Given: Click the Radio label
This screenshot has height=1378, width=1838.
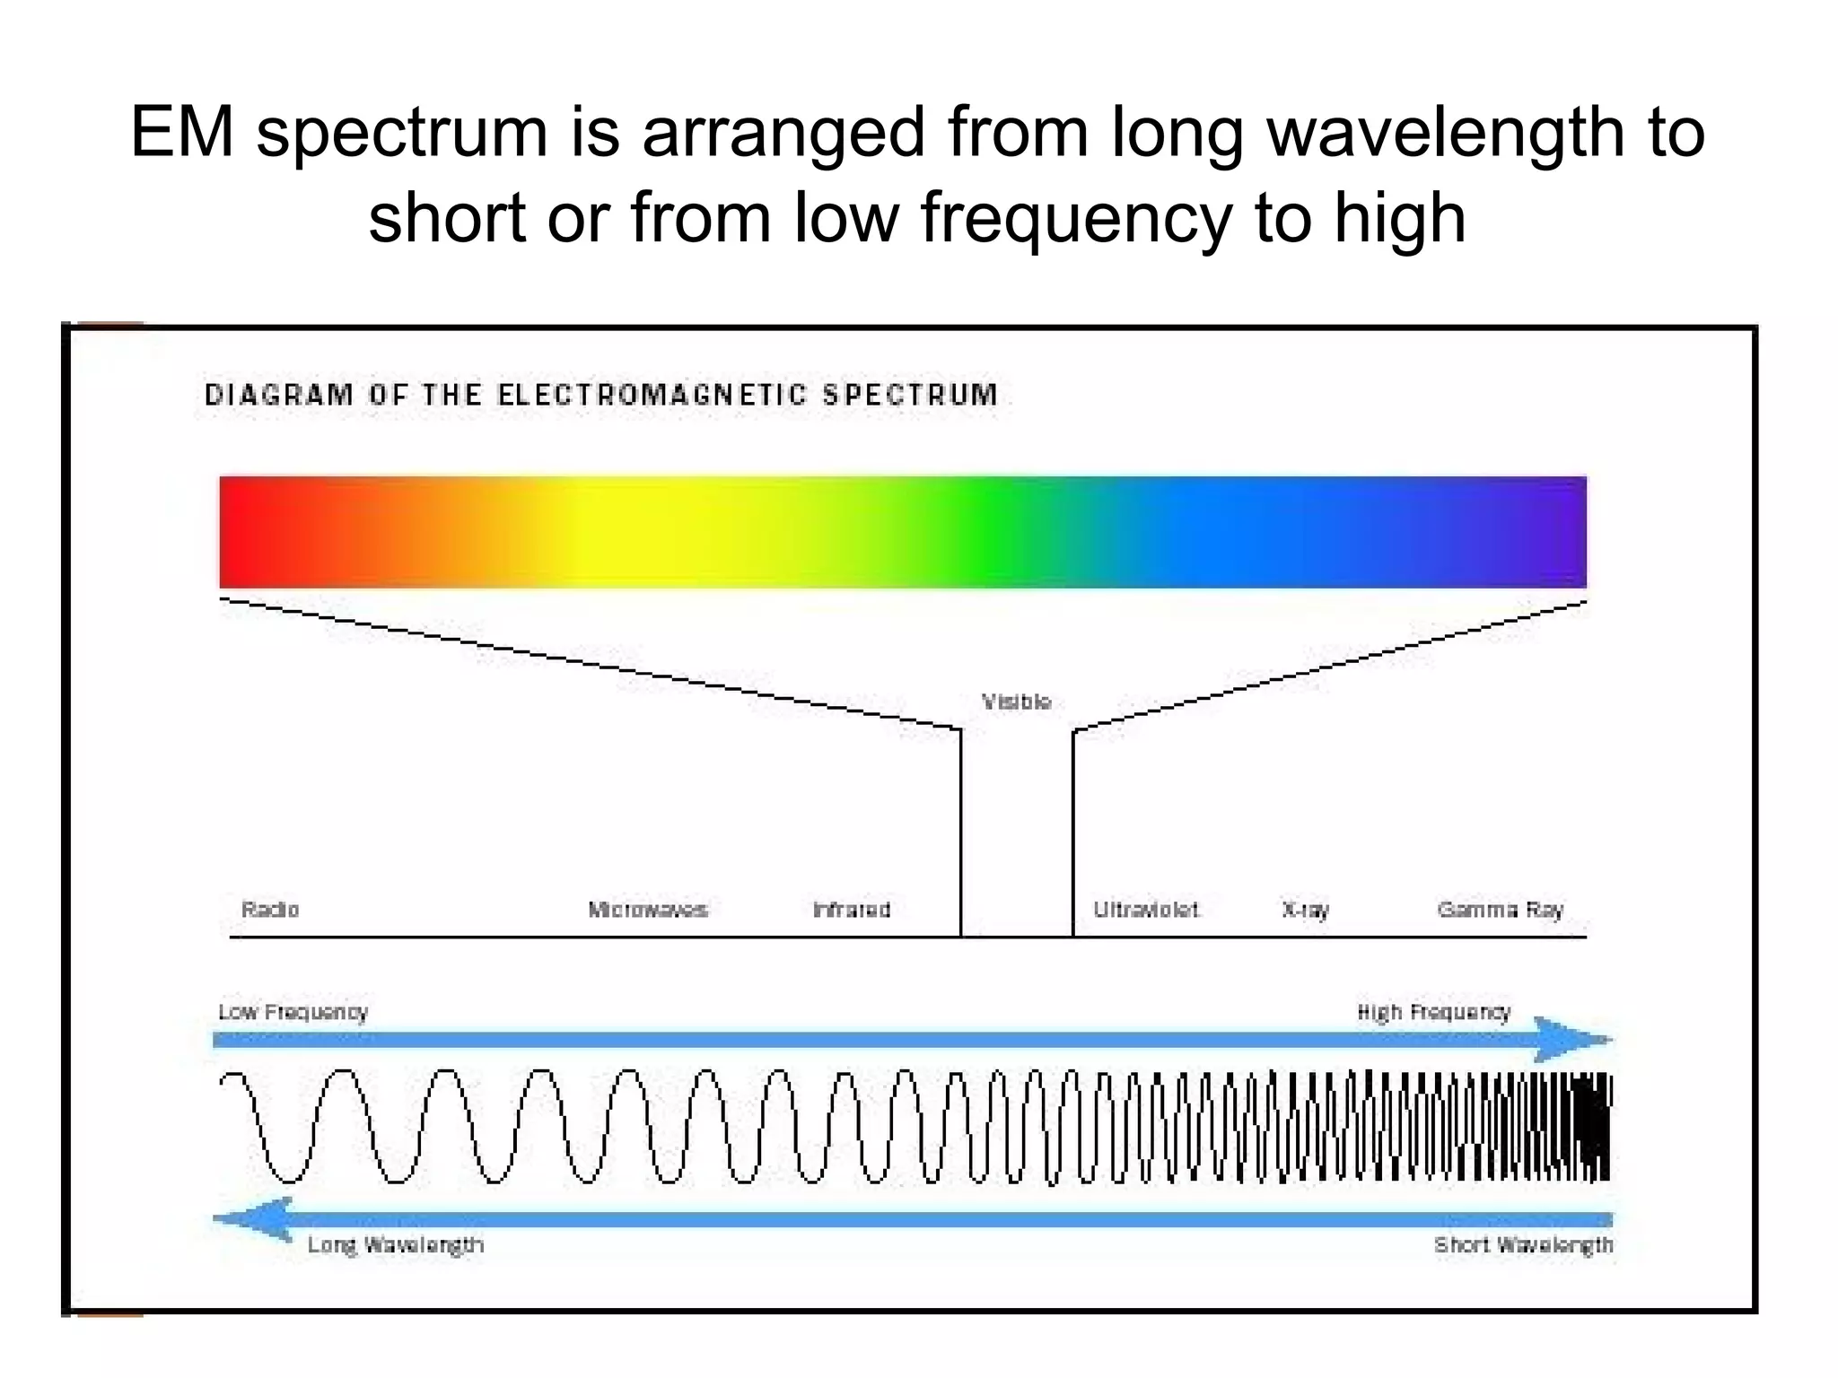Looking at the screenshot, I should click(x=270, y=910).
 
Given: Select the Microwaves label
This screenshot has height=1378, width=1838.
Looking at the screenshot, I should click(x=647, y=910).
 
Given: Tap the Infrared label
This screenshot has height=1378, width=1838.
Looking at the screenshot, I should click(x=851, y=910).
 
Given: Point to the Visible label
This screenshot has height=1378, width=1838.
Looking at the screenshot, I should click(x=1016, y=702).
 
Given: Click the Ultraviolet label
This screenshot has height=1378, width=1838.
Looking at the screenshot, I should click(x=1146, y=910).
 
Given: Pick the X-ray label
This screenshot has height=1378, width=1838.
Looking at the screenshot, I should click(x=1305, y=911).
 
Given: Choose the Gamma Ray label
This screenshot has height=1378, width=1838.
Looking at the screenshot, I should click(x=1500, y=911).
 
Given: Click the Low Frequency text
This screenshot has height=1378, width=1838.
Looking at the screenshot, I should click(x=293, y=1012).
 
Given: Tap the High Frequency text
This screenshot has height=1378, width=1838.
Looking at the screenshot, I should click(x=1433, y=1012).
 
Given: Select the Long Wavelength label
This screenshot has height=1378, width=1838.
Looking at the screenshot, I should click(x=395, y=1245).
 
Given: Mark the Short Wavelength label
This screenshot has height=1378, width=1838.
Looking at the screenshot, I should click(x=1523, y=1245).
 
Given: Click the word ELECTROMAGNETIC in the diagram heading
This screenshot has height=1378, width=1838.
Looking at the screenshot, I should click(x=652, y=395).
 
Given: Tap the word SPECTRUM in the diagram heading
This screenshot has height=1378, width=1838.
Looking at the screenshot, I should click(x=910, y=395).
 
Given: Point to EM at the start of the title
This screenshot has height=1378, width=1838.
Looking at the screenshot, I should click(x=182, y=133).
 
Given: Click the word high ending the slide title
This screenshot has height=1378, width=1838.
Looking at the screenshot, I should click(x=1400, y=218).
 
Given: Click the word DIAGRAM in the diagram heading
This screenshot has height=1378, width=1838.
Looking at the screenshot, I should click(x=279, y=395).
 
